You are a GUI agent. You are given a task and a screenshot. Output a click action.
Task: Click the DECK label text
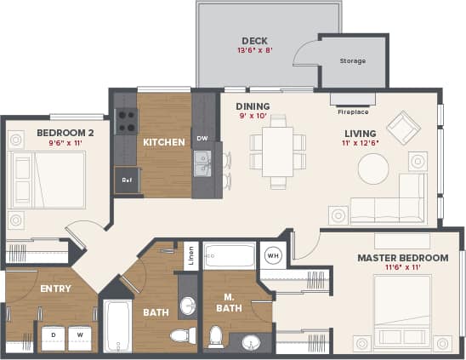[255, 40]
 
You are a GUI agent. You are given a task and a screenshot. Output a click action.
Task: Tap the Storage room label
[352, 61]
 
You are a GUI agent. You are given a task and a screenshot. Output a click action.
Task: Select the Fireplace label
[353, 111]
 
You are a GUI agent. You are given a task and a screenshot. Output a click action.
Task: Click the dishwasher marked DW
[202, 138]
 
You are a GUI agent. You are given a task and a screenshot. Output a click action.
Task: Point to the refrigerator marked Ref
[127, 180]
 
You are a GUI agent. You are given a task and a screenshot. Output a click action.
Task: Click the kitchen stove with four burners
[126, 121]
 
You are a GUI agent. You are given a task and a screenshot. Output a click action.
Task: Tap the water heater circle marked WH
[273, 254]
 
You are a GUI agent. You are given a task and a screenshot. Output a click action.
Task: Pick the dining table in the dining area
[277, 151]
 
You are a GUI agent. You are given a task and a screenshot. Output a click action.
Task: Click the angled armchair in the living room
[403, 128]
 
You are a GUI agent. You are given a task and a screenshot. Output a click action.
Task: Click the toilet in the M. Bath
[216, 335]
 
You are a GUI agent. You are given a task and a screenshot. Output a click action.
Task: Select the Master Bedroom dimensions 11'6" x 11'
[401, 269]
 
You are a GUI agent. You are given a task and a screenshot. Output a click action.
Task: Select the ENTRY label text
[55, 289]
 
